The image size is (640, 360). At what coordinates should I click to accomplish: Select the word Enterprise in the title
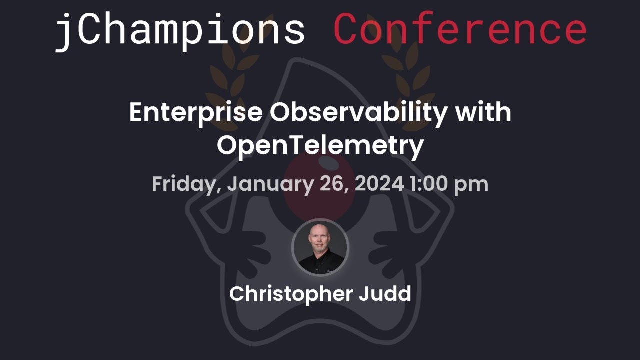pyautogui.click(x=196, y=113)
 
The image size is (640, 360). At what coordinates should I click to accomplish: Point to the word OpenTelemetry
pyautogui.click(x=320, y=145)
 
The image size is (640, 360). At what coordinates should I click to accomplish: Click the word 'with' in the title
pyautogui.click(x=483, y=113)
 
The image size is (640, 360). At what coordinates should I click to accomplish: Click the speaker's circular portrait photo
pyautogui.click(x=320, y=248)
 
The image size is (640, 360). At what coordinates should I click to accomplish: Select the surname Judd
pyautogui.click(x=385, y=294)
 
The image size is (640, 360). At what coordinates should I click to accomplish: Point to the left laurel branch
pyautogui.click(x=225, y=75)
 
